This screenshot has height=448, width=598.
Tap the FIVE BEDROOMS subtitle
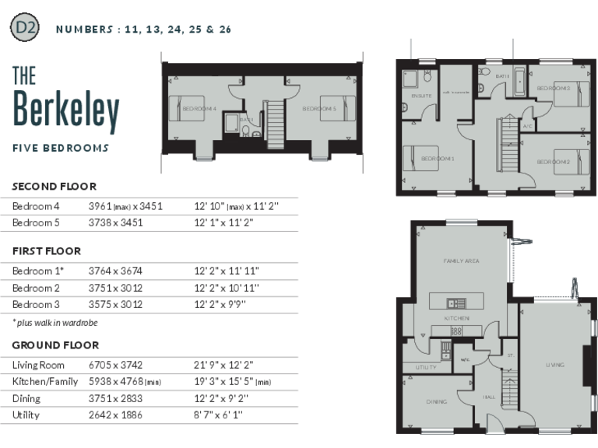tap(61, 148)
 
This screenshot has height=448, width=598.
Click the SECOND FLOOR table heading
tap(55, 187)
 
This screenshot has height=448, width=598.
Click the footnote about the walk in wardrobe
tap(55, 322)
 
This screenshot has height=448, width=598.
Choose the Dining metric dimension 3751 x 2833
tap(114, 399)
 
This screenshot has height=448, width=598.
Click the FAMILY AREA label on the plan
tap(460, 261)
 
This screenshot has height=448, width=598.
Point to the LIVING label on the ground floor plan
tap(554, 364)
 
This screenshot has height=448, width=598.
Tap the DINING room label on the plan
tap(436, 402)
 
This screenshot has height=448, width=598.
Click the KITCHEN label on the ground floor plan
tap(456, 319)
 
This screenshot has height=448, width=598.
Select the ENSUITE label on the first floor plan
tap(411, 96)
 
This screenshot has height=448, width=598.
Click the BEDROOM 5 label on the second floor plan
tap(318, 109)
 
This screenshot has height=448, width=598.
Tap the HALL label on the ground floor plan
tap(489, 397)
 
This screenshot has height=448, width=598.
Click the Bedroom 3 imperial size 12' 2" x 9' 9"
tap(226, 304)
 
